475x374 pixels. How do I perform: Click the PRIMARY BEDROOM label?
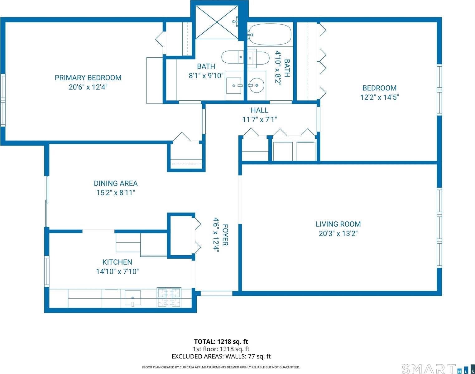pyautogui.click(x=88, y=78)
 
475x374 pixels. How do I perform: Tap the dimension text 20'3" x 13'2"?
pyautogui.click(x=338, y=233)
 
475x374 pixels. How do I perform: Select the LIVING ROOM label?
pyautogui.click(x=338, y=224)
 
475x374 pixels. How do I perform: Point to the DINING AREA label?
pyautogui.click(x=116, y=183)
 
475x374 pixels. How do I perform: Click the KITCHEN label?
pyautogui.click(x=117, y=262)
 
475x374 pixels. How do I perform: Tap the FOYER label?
pyautogui.click(x=225, y=235)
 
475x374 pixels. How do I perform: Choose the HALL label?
pyautogui.click(x=259, y=110)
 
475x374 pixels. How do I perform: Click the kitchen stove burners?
pyautogui.click(x=169, y=297)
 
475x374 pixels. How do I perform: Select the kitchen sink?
pyautogui.click(x=133, y=298)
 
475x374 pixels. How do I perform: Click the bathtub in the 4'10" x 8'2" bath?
pyautogui.click(x=269, y=35)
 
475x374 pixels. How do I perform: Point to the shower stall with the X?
pyautogui.click(x=217, y=22)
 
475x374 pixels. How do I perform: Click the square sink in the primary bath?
pyautogui.click(x=234, y=85)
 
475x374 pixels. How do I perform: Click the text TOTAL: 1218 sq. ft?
pyautogui.click(x=221, y=342)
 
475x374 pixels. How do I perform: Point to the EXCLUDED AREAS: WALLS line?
pyautogui.click(x=221, y=356)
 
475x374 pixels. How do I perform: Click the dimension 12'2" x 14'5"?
pyautogui.click(x=379, y=97)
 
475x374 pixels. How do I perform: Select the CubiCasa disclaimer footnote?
pyautogui.click(x=221, y=367)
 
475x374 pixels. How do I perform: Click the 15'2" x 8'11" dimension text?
pyautogui.click(x=116, y=193)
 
